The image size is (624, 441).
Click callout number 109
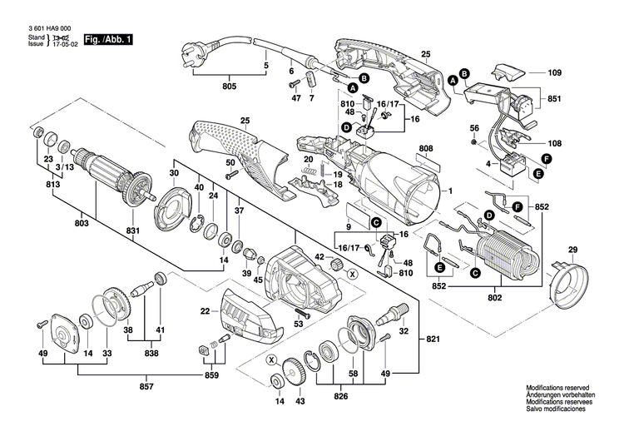tap(555, 73)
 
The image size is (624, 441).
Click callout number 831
tap(133, 230)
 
